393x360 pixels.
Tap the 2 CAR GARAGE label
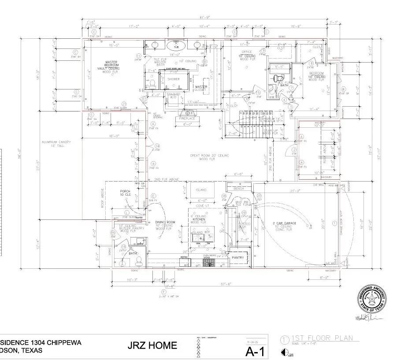(x=284, y=223)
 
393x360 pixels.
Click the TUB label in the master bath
(x=176, y=47)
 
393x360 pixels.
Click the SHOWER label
(x=173, y=79)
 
